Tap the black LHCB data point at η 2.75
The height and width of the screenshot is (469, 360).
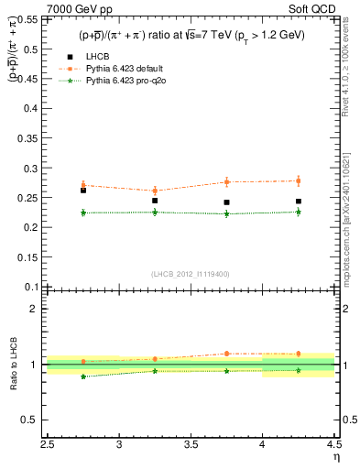[x=83, y=191]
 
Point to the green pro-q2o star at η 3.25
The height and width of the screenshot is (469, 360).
[x=155, y=212]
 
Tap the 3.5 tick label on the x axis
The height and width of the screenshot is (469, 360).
[x=191, y=445]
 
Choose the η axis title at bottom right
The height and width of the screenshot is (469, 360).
[x=335, y=457]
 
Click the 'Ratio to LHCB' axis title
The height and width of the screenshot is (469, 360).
[x=13, y=365]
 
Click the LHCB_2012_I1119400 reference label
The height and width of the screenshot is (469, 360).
[x=191, y=274]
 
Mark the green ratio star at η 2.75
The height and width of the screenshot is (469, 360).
[x=83, y=376]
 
